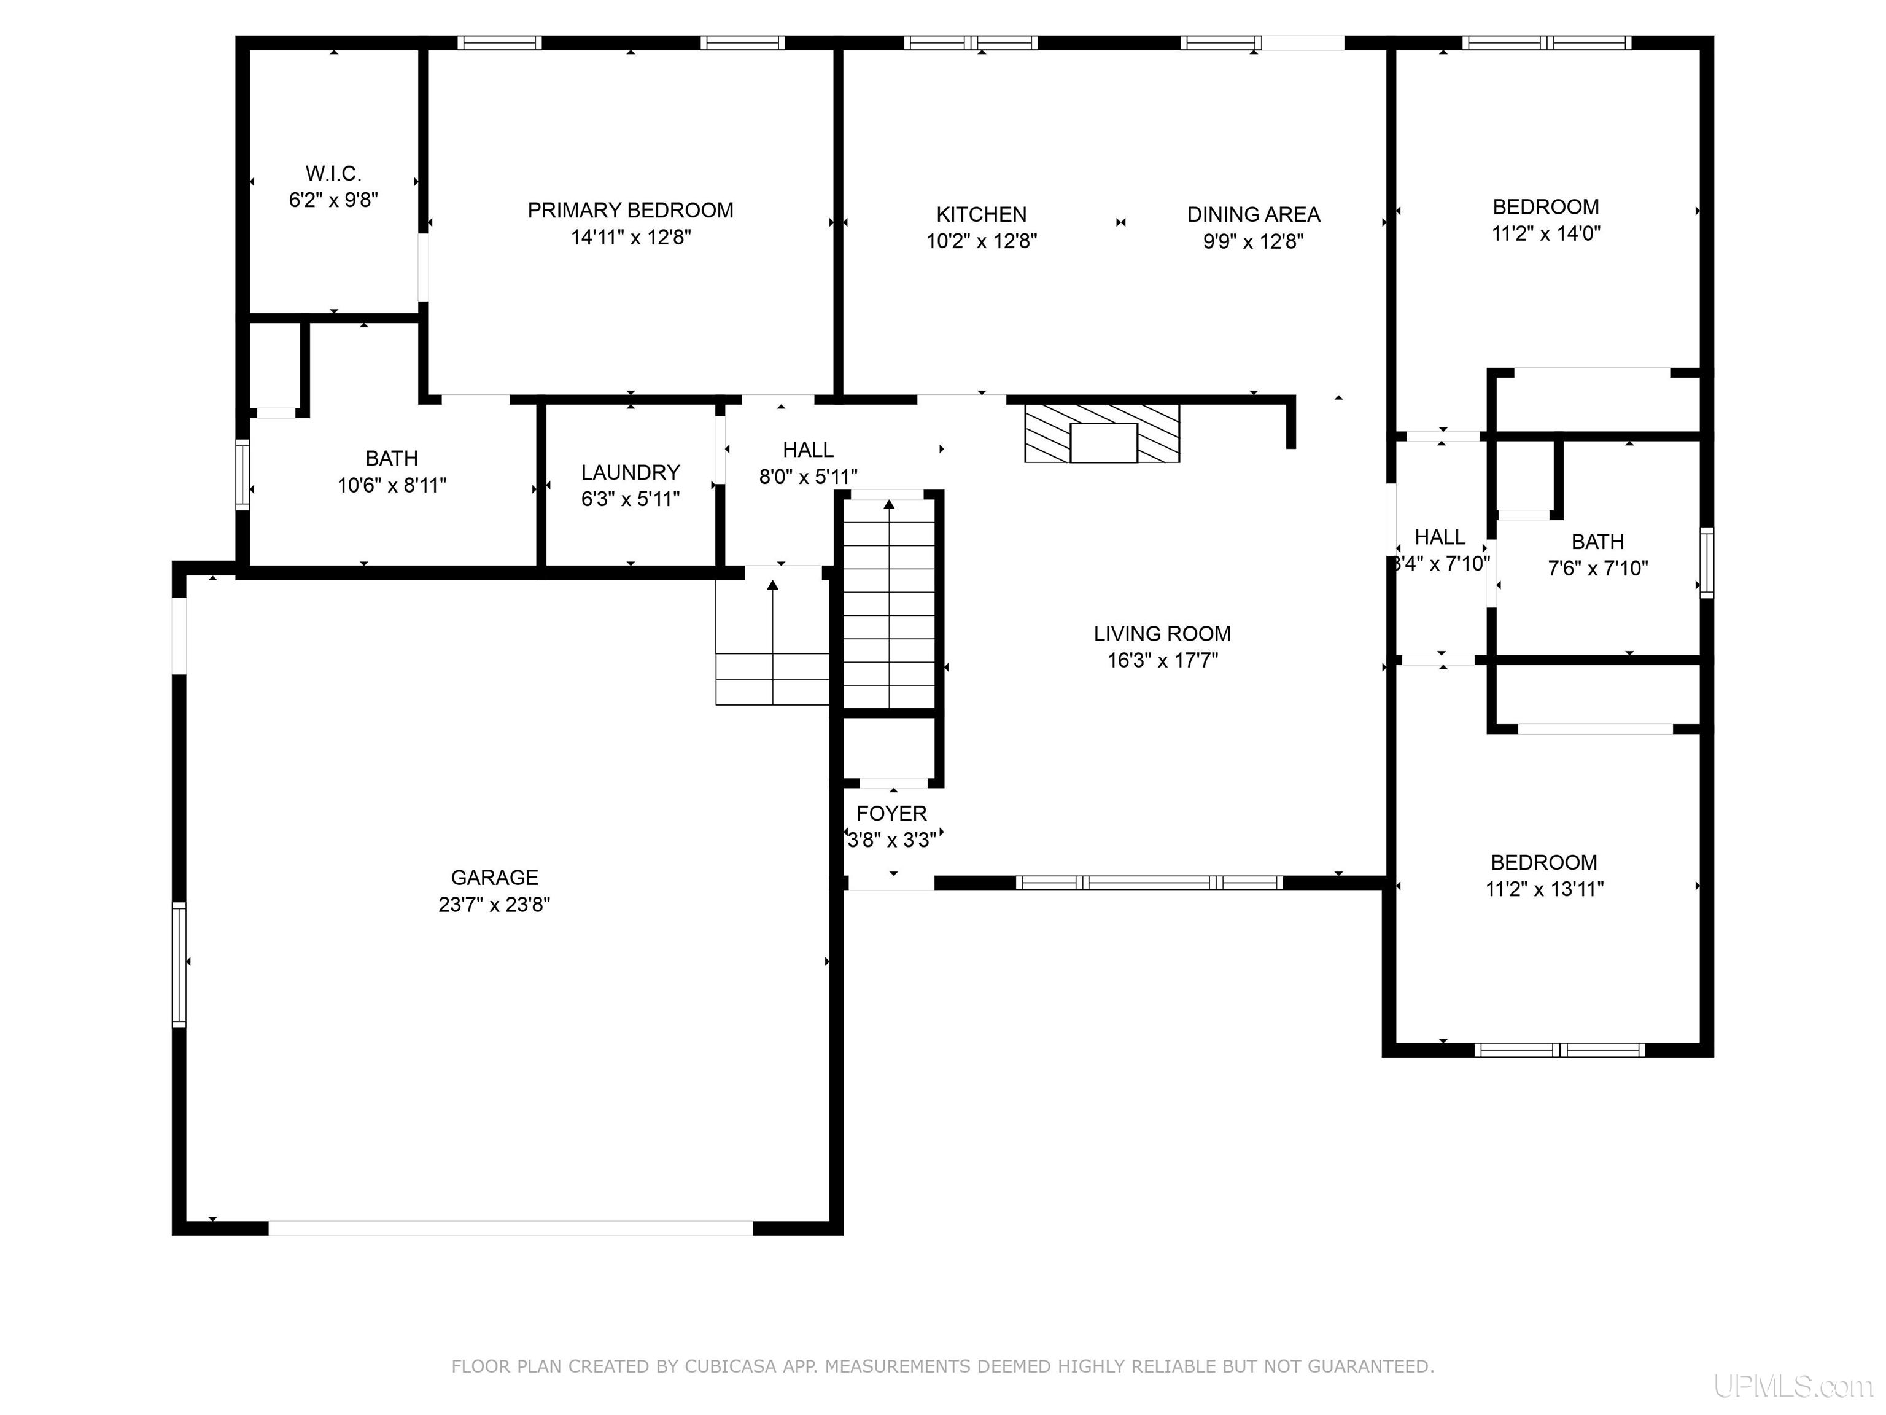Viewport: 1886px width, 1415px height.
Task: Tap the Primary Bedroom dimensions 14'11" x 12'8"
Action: click(x=631, y=237)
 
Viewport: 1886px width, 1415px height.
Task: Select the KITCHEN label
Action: click(x=981, y=214)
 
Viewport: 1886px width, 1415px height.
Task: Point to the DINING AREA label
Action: click(x=1254, y=214)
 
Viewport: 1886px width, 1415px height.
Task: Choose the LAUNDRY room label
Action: click(x=631, y=472)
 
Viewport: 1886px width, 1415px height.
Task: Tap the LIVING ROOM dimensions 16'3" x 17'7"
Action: click(x=1163, y=660)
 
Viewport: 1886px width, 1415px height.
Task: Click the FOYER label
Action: click(x=892, y=813)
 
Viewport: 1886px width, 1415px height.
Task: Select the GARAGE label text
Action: click(x=494, y=878)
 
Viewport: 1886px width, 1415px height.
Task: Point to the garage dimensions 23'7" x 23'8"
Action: click(x=494, y=904)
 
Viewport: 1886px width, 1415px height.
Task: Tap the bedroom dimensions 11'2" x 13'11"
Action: click(x=1545, y=889)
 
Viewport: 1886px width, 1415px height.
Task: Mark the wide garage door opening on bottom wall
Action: click(x=511, y=1228)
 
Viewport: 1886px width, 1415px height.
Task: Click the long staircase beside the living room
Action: click(x=890, y=604)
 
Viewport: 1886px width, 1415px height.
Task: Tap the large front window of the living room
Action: click(x=1149, y=883)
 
